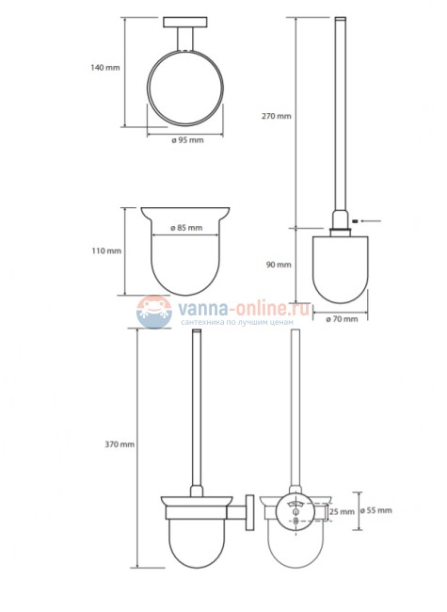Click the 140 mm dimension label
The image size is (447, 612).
(x=105, y=67)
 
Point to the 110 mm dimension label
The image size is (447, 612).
(x=105, y=250)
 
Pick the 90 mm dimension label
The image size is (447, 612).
(x=280, y=266)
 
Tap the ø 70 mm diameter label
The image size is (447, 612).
(x=340, y=319)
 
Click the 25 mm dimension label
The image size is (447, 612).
(x=342, y=512)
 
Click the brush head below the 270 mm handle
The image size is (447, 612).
(x=340, y=267)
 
